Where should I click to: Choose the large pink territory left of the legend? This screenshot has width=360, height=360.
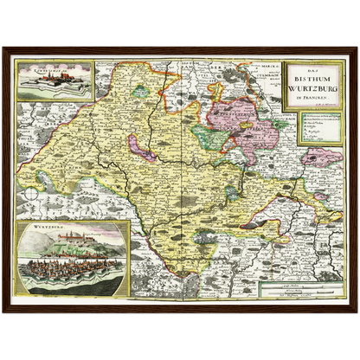pos(251,117)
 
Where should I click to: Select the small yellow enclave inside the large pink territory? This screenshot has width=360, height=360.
pos(260,121)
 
